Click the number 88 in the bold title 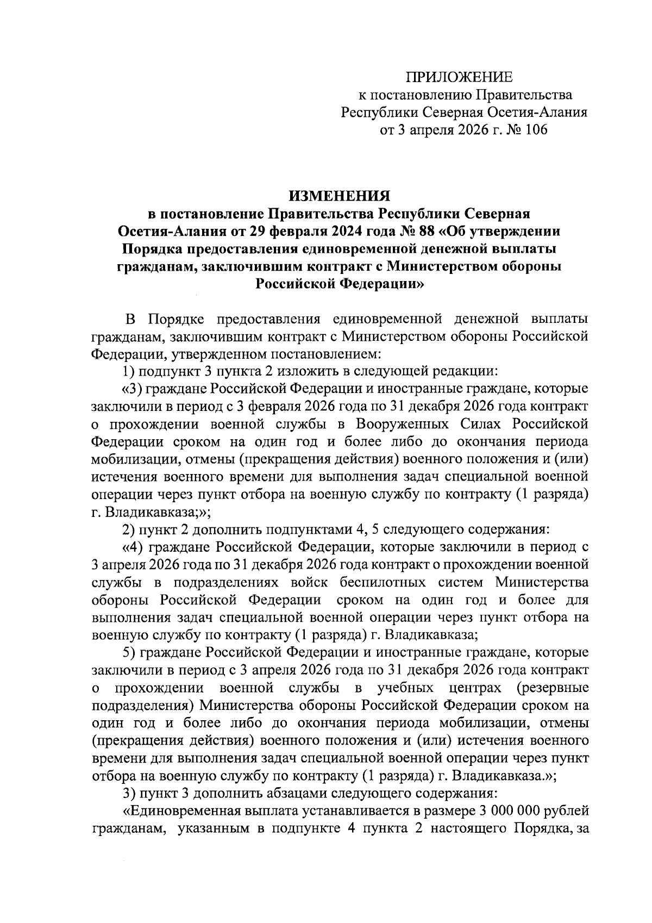pyautogui.click(x=424, y=231)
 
